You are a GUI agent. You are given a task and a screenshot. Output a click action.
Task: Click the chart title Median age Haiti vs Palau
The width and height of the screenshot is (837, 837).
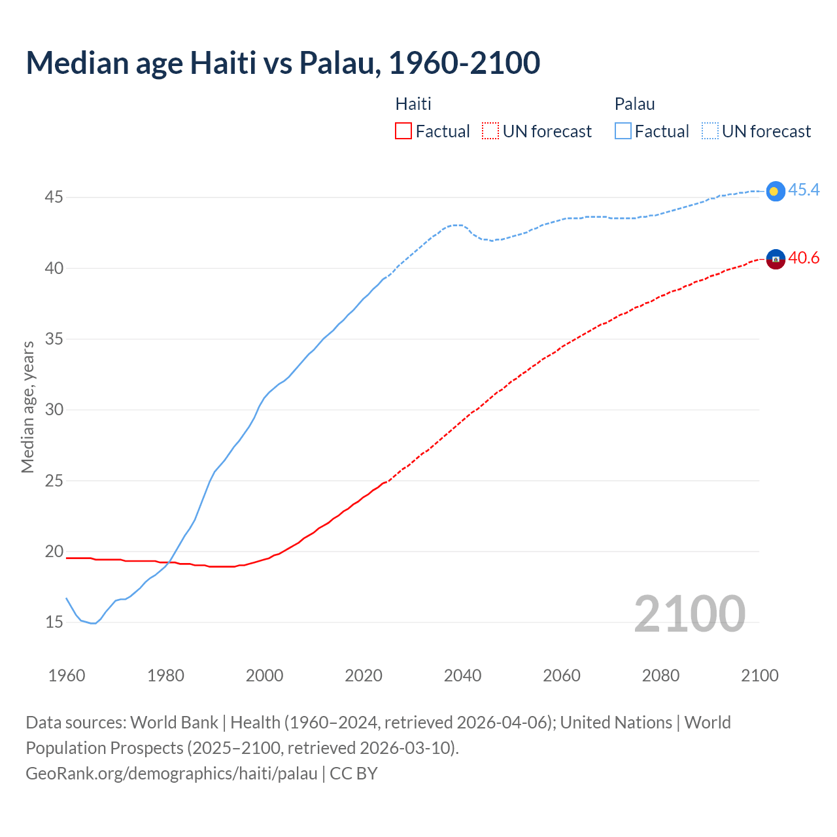tap(282, 63)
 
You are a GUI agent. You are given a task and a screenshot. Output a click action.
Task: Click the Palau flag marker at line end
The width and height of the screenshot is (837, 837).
tap(775, 191)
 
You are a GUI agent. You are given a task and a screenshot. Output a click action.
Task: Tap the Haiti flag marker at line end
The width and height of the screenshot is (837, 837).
tap(775, 259)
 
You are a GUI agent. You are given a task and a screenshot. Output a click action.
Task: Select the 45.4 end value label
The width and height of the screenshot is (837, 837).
tap(804, 190)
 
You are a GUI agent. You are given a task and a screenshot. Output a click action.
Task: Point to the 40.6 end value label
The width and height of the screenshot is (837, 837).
tap(804, 258)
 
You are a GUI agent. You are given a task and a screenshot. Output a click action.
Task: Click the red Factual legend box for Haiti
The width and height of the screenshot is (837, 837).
tap(403, 131)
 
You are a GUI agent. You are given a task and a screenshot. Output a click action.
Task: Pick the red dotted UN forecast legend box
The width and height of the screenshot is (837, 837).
tap(490, 131)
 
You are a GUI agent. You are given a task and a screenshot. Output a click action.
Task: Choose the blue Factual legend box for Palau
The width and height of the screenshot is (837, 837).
tap(623, 131)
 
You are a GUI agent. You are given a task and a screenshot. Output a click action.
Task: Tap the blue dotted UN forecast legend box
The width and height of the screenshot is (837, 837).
tap(710, 131)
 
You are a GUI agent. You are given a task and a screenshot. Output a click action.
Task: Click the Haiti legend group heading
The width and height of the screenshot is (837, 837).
tap(413, 104)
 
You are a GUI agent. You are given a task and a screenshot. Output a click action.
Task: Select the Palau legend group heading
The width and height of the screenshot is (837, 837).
tap(634, 104)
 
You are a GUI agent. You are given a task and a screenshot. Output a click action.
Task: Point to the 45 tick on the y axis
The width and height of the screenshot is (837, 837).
tap(54, 197)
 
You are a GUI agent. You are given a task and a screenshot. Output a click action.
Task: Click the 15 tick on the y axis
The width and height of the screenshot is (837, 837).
tap(54, 622)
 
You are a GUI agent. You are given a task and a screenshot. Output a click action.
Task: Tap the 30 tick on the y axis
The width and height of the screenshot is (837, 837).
tap(54, 409)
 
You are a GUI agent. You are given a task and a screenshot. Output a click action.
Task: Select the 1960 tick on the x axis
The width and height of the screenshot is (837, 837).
tap(67, 675)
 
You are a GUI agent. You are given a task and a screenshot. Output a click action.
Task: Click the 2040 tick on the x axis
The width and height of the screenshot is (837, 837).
tap(462, 675)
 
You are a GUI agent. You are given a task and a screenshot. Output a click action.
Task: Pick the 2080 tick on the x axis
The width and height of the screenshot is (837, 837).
tap(660, 675)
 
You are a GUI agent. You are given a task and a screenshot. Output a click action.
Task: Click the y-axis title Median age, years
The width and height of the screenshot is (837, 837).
tap(27, 407)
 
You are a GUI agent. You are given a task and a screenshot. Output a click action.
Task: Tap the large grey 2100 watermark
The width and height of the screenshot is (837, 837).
tap(689, 613)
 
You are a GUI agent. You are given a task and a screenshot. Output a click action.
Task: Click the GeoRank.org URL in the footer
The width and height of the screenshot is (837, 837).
tap(171, 774)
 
